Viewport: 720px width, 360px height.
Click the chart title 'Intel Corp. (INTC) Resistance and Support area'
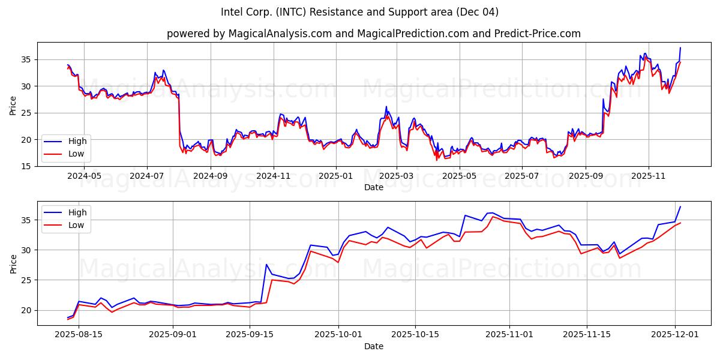359,12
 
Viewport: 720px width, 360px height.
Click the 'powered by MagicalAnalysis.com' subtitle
373,34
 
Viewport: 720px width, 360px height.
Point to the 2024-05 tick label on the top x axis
84,176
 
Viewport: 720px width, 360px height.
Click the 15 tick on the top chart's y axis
27,166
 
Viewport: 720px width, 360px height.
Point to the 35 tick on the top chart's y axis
27,59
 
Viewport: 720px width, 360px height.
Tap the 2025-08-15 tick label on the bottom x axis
79,335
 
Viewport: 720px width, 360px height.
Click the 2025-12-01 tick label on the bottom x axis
676,335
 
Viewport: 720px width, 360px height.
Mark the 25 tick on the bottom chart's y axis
27,280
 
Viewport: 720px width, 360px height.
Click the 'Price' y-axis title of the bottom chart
13,263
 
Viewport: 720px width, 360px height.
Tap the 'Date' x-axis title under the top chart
373,187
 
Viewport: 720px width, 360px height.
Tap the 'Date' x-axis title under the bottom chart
373,346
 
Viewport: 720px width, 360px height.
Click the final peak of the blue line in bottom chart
680,207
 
